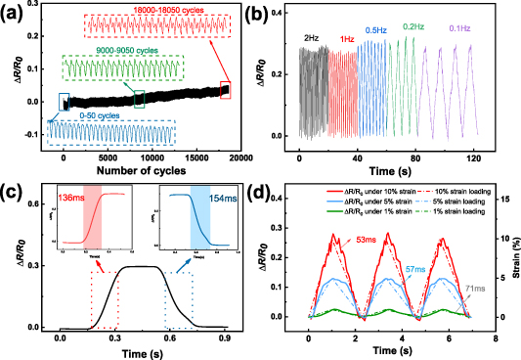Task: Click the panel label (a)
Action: [15, 14]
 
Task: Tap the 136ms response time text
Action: [70, 199]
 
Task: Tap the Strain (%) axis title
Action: [510, 264]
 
